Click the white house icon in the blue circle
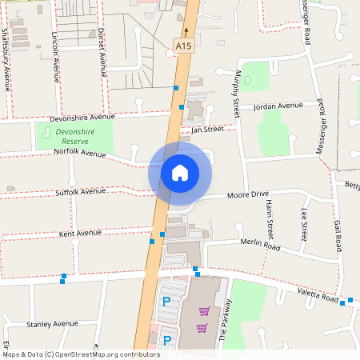coord(179,172)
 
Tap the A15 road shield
coord(184,47)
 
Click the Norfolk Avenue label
coord(79,153)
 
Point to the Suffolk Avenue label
coord(80,192)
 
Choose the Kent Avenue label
coord(80,233)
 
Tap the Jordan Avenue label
coord(278,106)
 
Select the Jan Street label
coord(206,129)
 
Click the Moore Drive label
coord(248,194)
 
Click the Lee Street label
coord(303,225)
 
